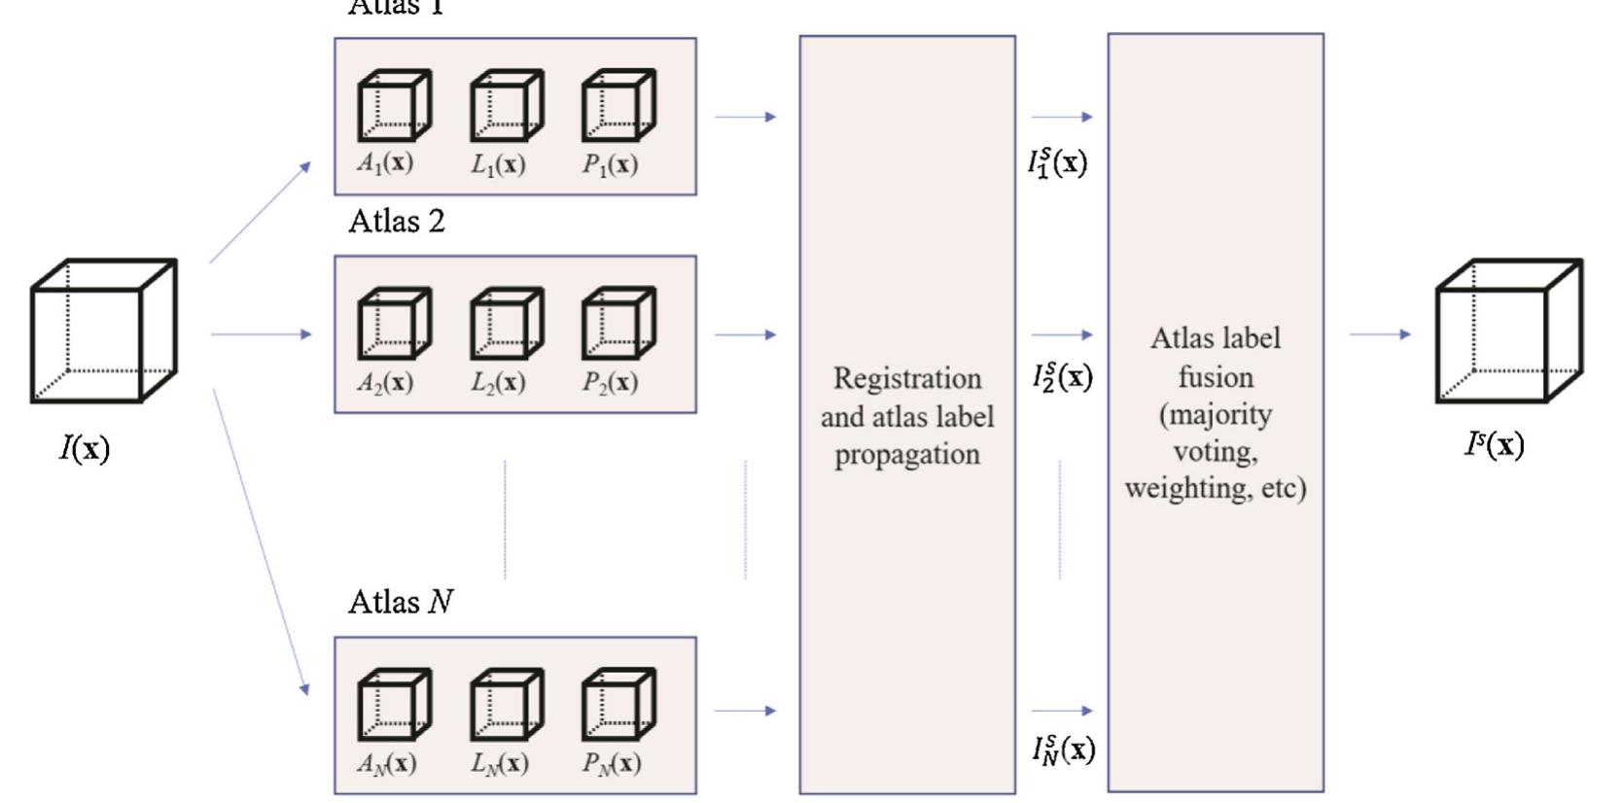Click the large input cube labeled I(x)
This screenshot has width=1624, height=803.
(x=103, y=331)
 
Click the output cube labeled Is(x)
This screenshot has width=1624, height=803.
(x=1508, y=331)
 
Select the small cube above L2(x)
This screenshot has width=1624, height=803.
(x=506, y=323)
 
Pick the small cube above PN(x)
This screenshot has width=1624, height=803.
(x=618, y=704)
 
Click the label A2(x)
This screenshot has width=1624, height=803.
(x=385, y=382)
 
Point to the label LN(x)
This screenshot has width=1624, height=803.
(x=500, y=763)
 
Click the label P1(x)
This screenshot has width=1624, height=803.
(x=610, y=164)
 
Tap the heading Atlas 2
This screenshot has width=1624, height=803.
(x=397, y=222)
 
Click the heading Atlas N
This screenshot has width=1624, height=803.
(x=401, y=602)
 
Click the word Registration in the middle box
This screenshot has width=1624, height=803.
(x=907, y=378)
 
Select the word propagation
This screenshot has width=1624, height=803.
(x=907, y=455)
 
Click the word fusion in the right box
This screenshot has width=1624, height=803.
(x=1216, y=377)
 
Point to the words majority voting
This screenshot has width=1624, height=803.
(x=1216, y=433)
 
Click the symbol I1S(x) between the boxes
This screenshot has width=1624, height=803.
(x=1058, y=161)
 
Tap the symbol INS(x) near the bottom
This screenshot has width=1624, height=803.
(x=1063, y=749)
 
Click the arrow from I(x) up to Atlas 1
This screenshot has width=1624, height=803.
(x=260, y=212)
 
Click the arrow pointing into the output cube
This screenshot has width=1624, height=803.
(x=1379, y=334)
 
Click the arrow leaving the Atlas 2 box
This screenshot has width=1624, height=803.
(x=745, y=334)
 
